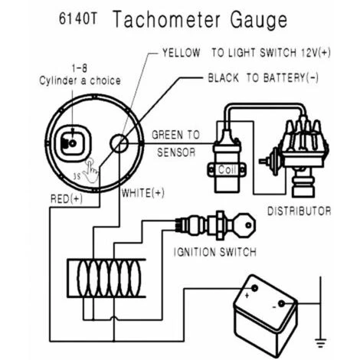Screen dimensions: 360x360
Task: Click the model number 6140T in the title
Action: point(74,18)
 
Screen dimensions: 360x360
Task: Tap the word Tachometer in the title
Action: point(162,19)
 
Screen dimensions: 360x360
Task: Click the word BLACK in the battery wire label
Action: point(224,78)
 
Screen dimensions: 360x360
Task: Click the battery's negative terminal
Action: point(282,306)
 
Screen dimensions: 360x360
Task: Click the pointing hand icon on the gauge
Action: point(92,170)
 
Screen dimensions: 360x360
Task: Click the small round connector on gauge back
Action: point(119,144)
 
